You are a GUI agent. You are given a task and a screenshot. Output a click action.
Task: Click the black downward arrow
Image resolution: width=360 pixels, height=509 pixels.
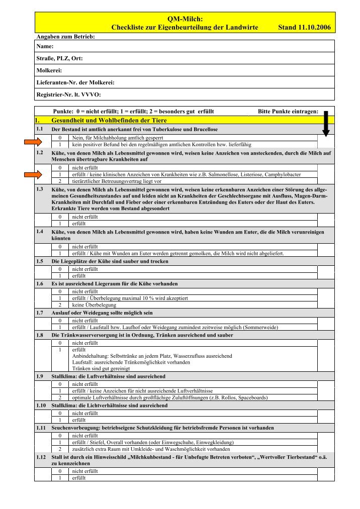[x=326, y=124]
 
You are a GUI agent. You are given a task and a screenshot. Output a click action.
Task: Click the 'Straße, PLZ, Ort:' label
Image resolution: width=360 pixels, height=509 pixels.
[x=60, y=58]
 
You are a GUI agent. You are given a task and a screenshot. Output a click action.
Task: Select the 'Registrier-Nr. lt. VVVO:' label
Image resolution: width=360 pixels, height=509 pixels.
[x=69, y=94]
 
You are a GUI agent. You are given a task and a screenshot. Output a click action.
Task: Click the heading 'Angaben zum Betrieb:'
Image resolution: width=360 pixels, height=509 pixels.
[x=66, y=36]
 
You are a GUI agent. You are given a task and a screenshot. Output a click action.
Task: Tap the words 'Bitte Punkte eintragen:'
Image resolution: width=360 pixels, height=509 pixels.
[x=288, y=112]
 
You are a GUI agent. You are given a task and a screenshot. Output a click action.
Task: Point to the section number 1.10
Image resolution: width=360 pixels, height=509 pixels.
[x=42, y=404]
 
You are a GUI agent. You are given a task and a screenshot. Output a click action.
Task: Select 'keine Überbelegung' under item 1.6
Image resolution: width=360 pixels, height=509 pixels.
[x=94, y=304]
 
